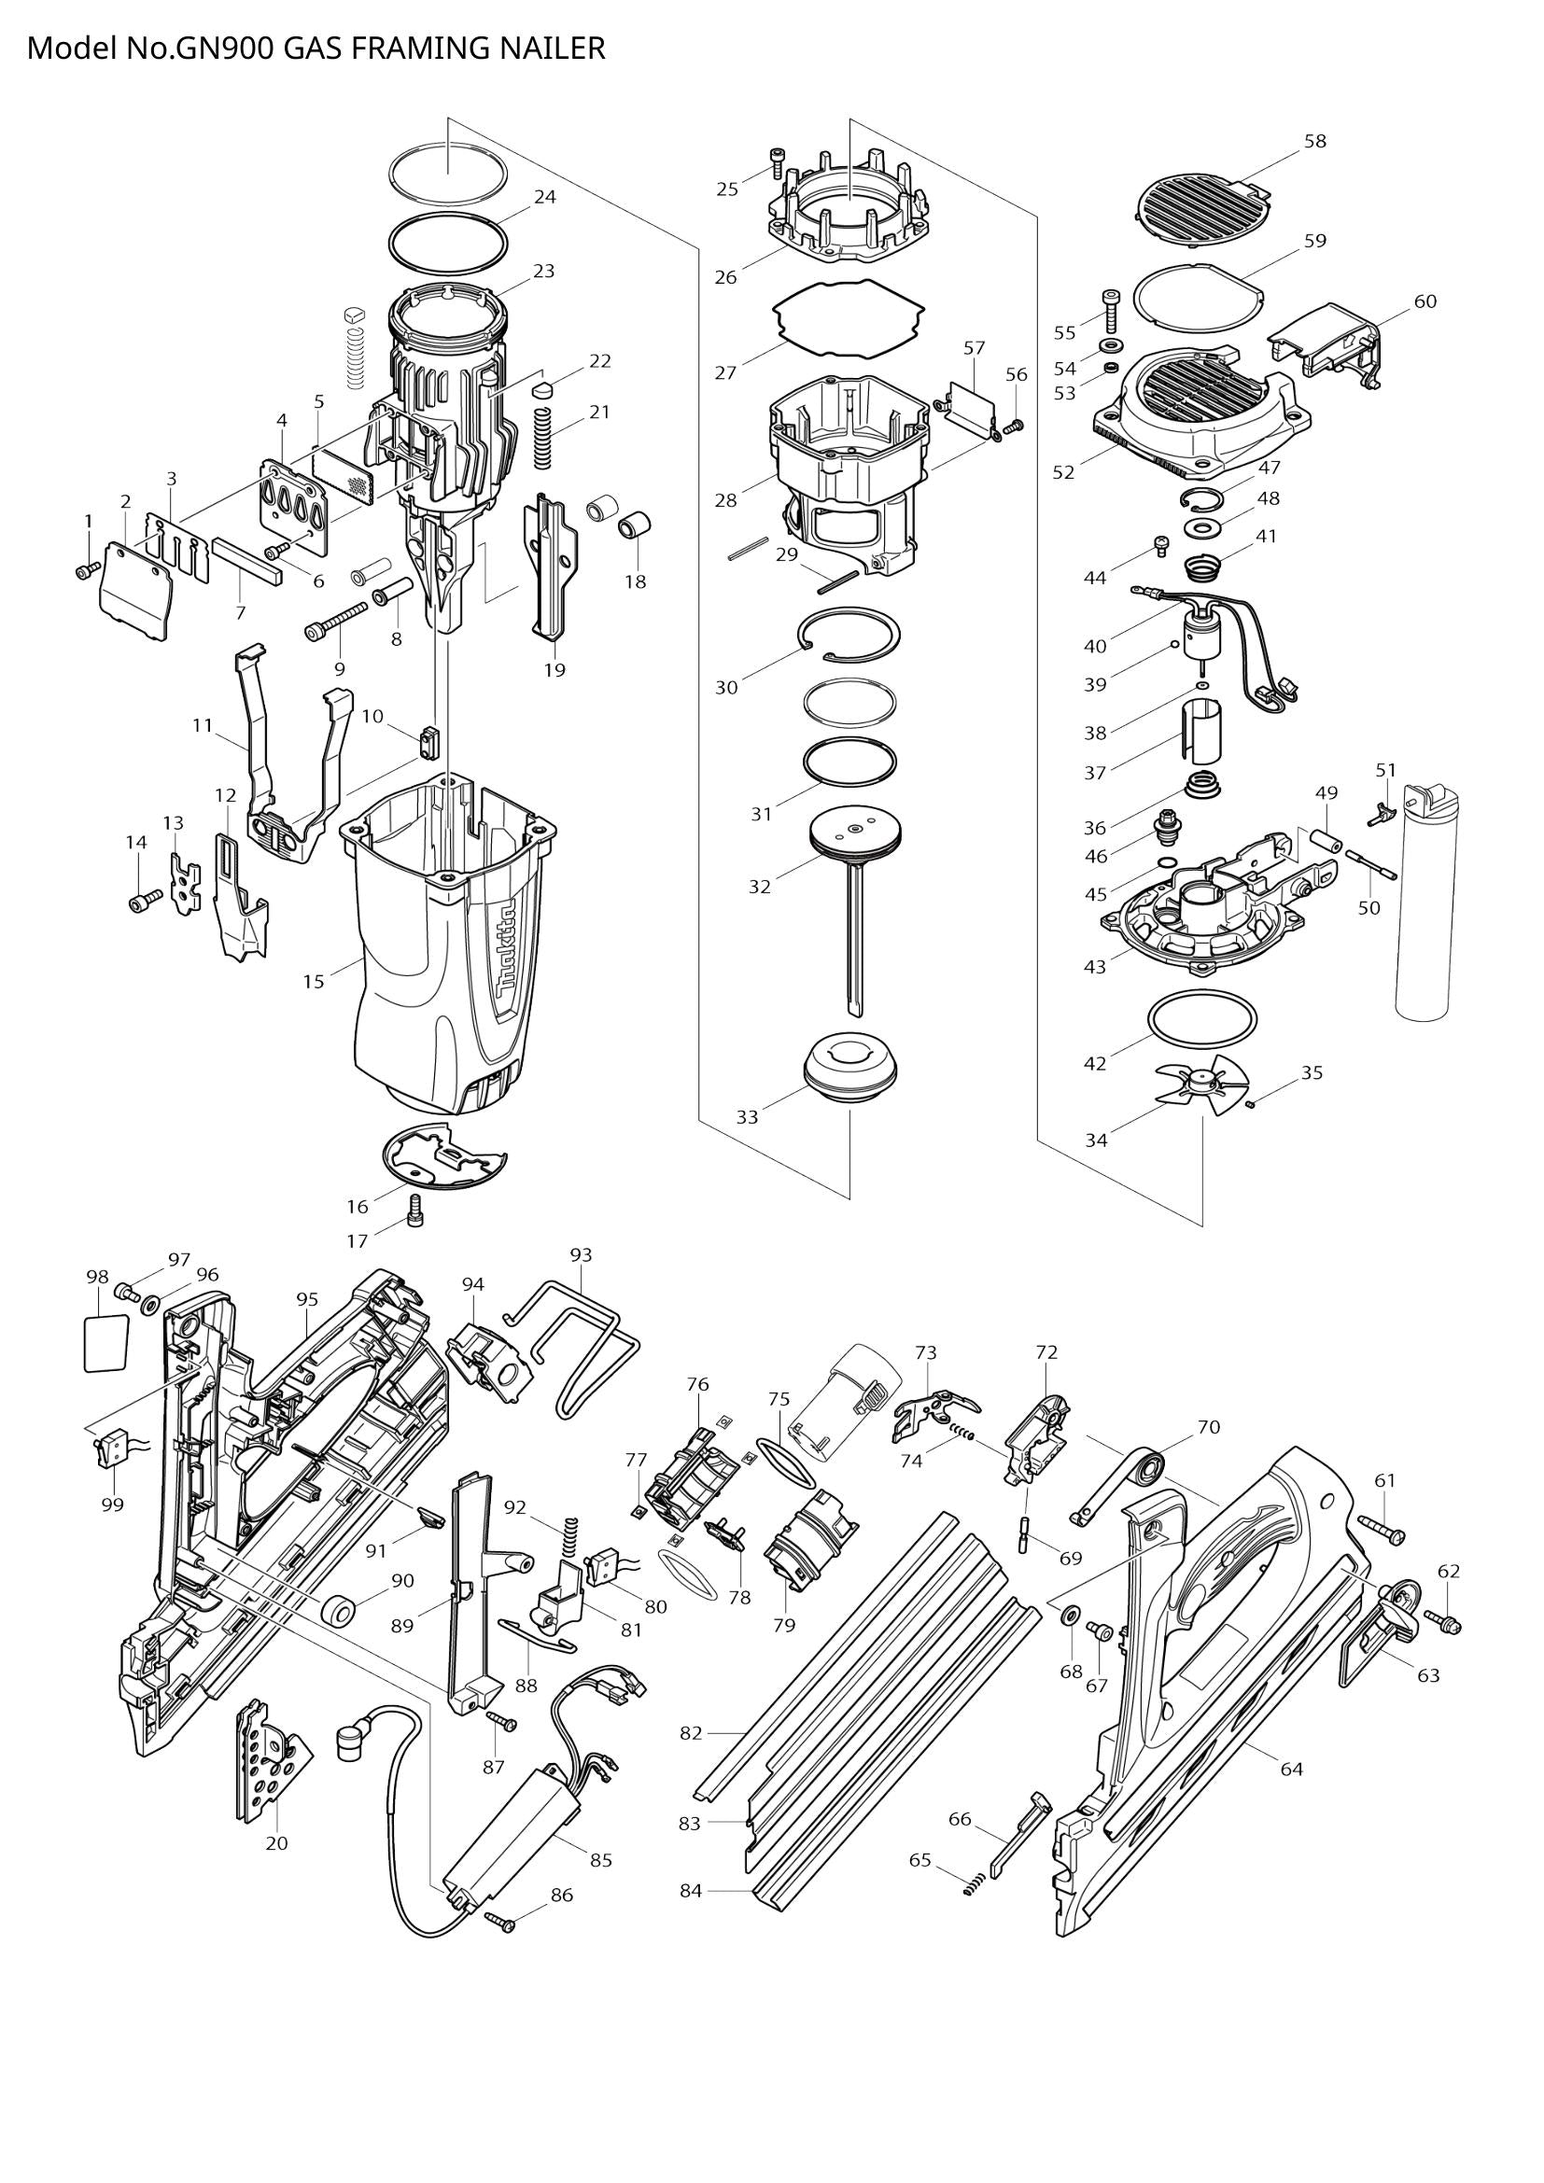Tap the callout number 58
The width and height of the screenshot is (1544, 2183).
[1315, 141]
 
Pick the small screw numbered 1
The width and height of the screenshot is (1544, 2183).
[87, 569]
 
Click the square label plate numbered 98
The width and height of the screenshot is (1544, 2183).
[105, 1341]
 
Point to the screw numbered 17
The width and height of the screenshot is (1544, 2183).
[414, 1211]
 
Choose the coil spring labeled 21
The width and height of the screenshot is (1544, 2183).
[544, 438]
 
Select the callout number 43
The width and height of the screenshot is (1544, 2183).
[1095, 966]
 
